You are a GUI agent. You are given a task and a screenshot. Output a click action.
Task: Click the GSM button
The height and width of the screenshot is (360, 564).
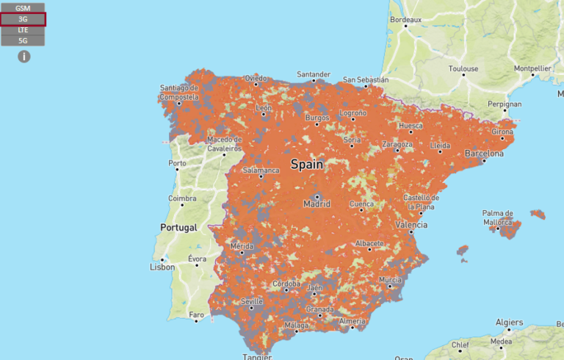tap(23, 7)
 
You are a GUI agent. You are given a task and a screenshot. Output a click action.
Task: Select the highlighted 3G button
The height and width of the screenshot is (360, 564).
tap(23, 19)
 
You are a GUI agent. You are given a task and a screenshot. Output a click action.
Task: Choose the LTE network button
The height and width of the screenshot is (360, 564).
tap(23, 30)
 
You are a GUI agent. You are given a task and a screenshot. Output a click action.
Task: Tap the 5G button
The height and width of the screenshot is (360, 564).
tap(23, 41)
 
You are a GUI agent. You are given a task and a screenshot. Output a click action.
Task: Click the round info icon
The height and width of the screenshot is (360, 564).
tap(23, 56)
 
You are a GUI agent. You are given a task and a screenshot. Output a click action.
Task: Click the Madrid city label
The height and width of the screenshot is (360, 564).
tap(317, 204)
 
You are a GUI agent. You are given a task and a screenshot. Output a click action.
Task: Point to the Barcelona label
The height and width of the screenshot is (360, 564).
tap(485, 154)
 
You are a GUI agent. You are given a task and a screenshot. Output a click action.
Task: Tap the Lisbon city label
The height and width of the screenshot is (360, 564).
tap(162, 267)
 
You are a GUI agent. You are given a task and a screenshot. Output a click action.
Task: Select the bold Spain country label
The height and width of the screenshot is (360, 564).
tap(306, 165)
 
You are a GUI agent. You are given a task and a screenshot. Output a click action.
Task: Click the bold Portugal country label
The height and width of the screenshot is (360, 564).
tap(179, 228)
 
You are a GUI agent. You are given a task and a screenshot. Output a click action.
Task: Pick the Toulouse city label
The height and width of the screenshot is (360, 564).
tap(463, 69)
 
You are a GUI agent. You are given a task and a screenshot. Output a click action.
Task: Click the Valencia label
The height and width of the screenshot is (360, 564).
tap(411, 224)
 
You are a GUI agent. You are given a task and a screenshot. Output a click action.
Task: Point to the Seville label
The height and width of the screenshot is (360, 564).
tap(252, 302)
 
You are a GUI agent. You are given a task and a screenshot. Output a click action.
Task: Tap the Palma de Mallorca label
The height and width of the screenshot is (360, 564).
tap(498, 217)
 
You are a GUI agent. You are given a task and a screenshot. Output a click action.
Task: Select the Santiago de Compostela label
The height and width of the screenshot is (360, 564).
tap(179, 92)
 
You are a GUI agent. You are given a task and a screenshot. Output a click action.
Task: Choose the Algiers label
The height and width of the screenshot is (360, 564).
tap(509, 322)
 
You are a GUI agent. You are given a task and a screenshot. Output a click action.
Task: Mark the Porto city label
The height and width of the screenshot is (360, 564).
tap(177, 163)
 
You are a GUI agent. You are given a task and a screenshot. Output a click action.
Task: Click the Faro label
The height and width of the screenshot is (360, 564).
tap(196, 315)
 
